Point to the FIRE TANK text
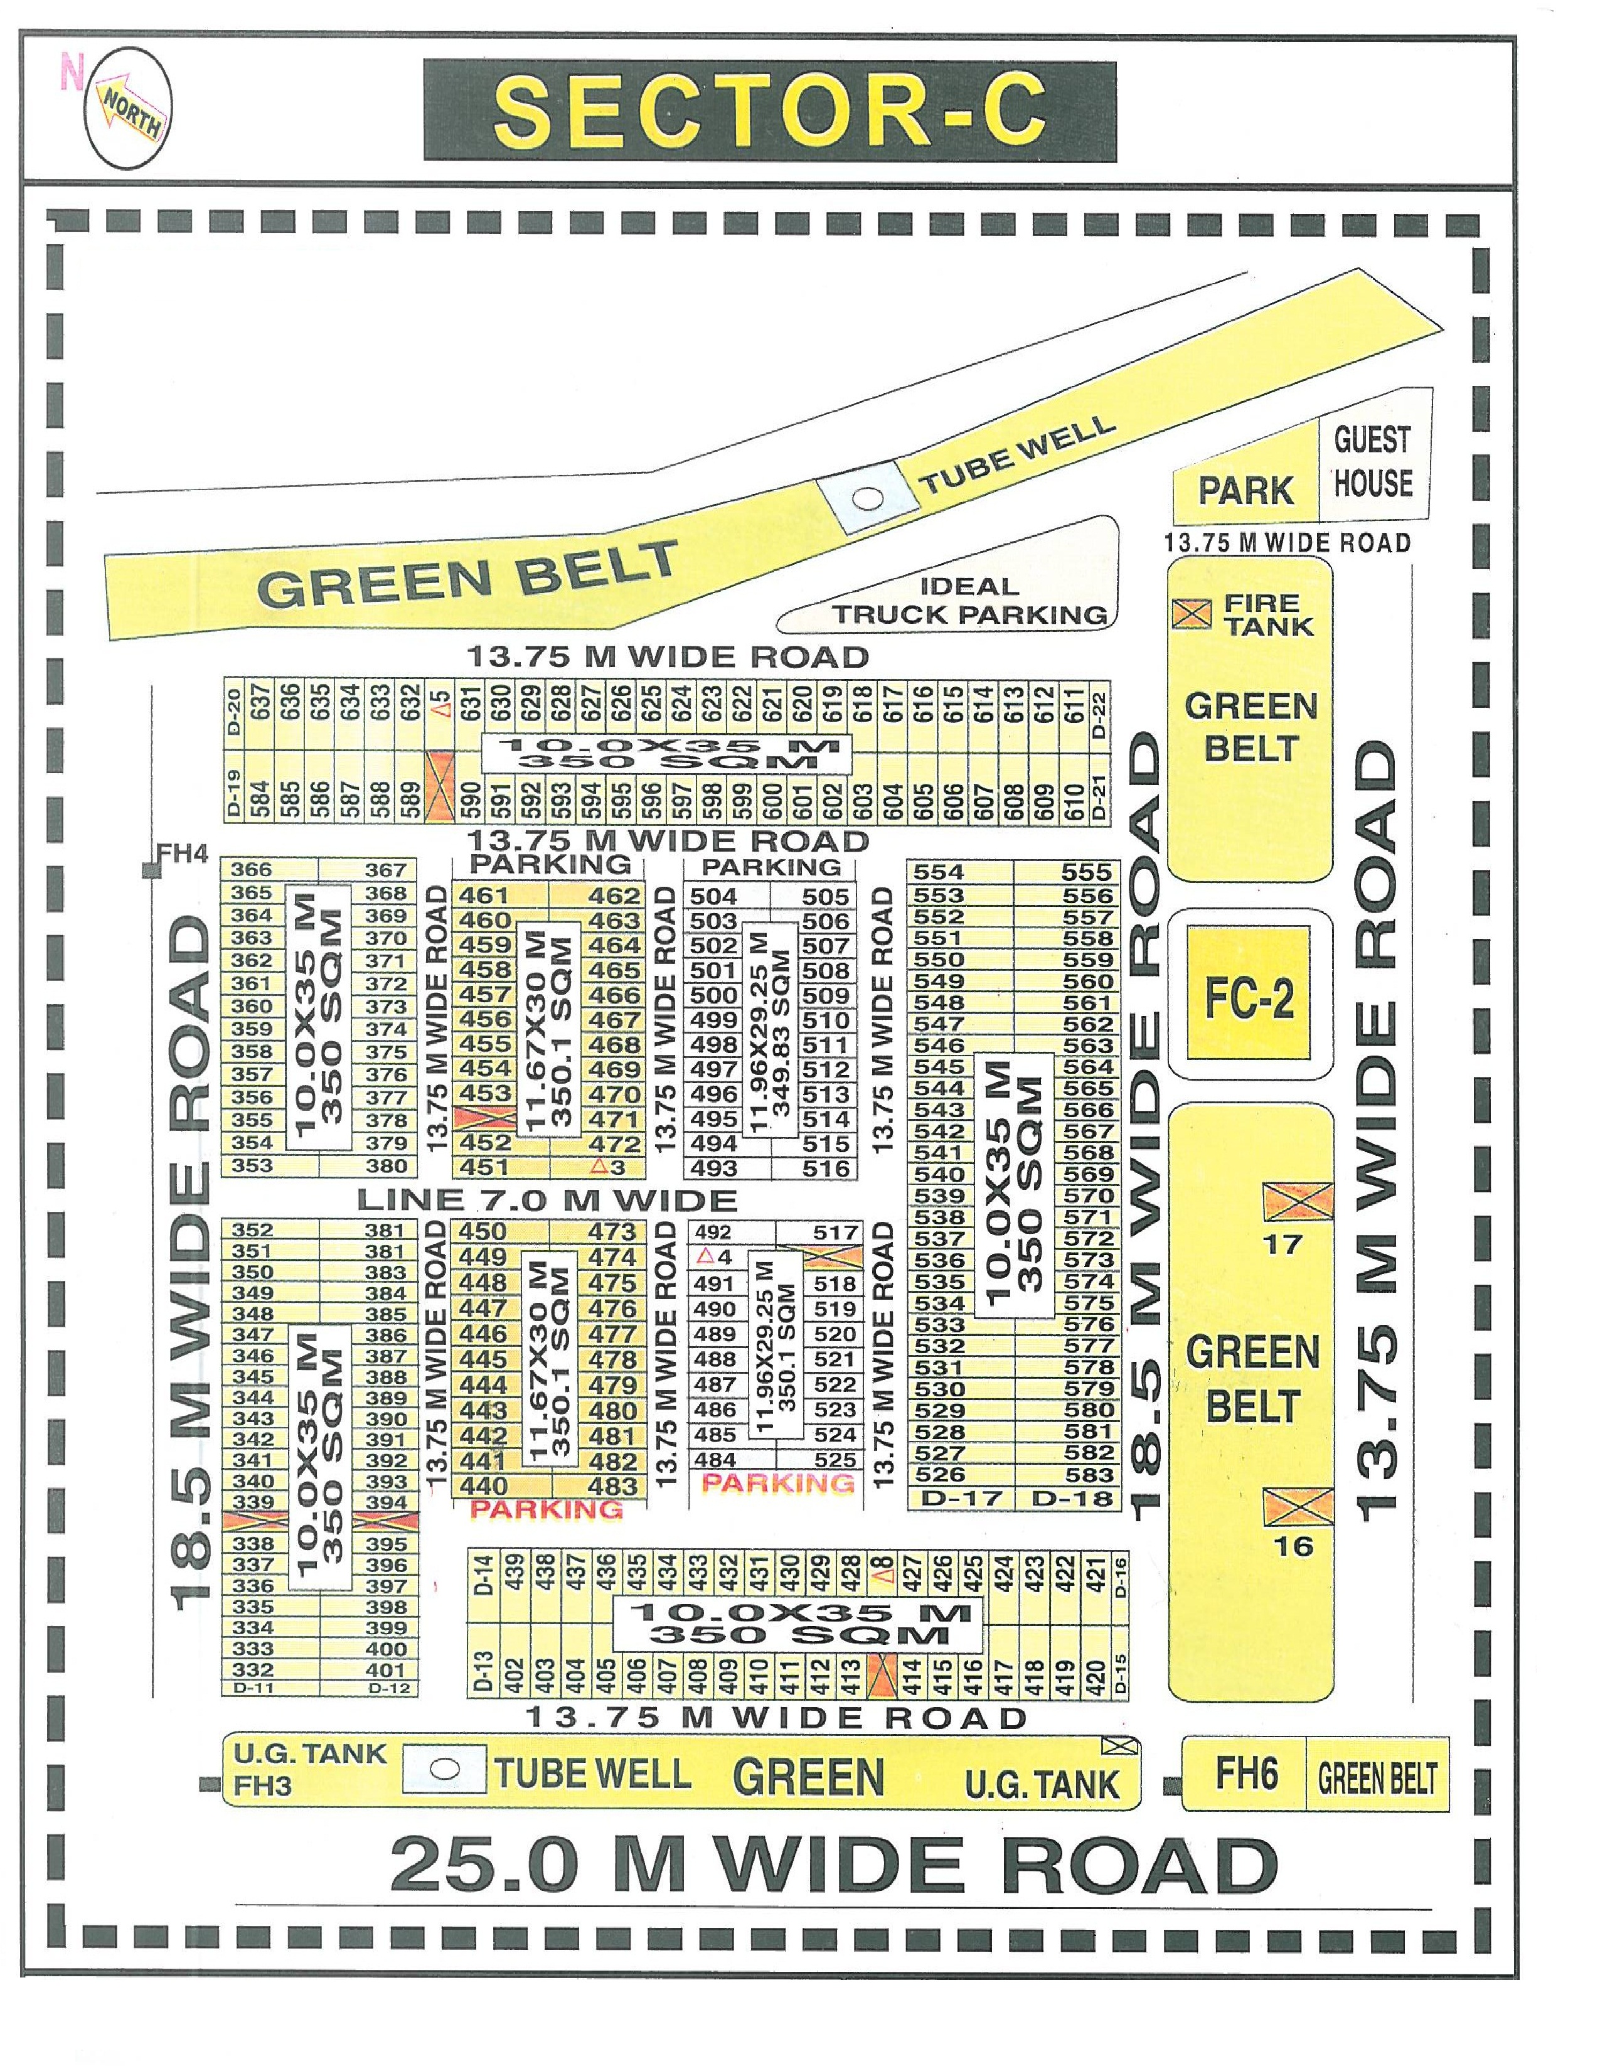click(1268, 614)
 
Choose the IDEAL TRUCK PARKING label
click(969, 600)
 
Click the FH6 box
click(1245, 1774)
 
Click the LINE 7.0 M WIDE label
click(547, 1199)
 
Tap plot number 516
click(826, 1169)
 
